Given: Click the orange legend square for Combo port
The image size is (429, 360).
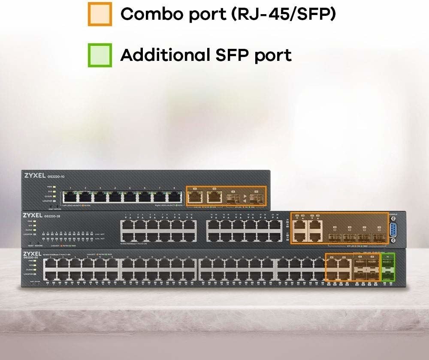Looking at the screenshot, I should click(100, 14).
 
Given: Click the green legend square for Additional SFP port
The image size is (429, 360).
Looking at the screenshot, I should click(100, 55).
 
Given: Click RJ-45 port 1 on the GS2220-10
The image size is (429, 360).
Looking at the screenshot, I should click(70, 197).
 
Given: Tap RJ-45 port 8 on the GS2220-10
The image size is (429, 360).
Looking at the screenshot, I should click(174, 197).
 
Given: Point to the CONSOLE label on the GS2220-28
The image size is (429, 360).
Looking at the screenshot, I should click(393, 214).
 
